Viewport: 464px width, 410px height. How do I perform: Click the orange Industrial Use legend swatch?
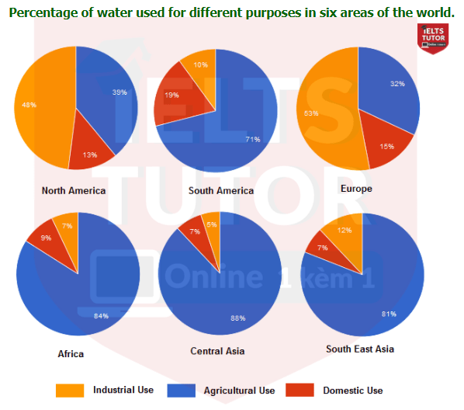click(x=70, y=390)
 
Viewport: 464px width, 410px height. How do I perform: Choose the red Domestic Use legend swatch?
click(x=300, y=390)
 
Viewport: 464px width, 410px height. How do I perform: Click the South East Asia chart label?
click(x=360, y=349)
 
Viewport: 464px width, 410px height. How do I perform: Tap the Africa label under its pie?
click(x=71, y=354)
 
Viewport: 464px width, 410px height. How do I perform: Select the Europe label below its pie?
click(x=356, y=189)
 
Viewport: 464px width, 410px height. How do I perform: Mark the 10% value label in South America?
click(x=199, y=65)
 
